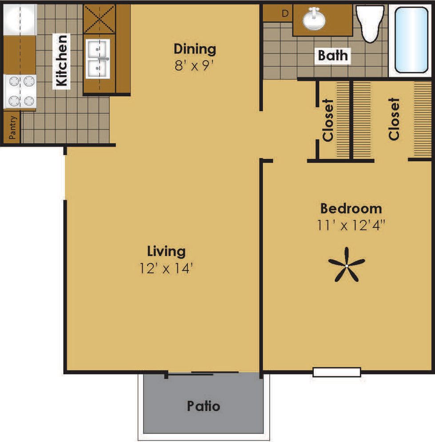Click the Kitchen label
pos(62,60)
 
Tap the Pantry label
pos(13,128)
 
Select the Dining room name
pos(195,48)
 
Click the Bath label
pos(333,56)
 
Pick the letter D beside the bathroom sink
pos(285,13)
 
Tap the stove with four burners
pos(20,91)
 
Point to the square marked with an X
pos(100,19)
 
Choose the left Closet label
pos(328,120)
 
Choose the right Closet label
pos(394,119)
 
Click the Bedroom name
pos(351,208)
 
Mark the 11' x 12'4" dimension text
pos(351,225)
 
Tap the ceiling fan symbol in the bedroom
pos(347,265)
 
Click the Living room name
pos(166,251)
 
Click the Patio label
pos(203,406)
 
